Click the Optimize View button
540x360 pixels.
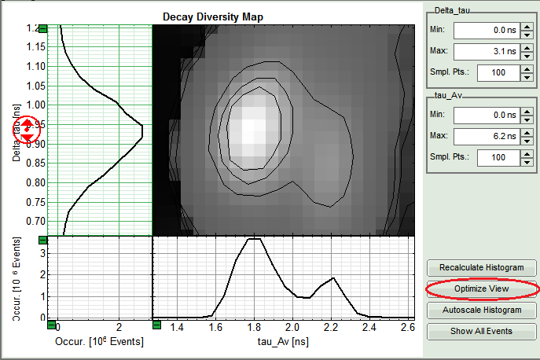tap(482, 289)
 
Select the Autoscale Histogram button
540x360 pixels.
tap(482, 310)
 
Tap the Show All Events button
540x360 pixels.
tap(482, 331)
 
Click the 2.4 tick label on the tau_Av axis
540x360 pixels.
tap(367, 326)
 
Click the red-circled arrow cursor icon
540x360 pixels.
tap(27, 130)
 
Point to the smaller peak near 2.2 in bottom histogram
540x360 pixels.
tap(333, 278)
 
